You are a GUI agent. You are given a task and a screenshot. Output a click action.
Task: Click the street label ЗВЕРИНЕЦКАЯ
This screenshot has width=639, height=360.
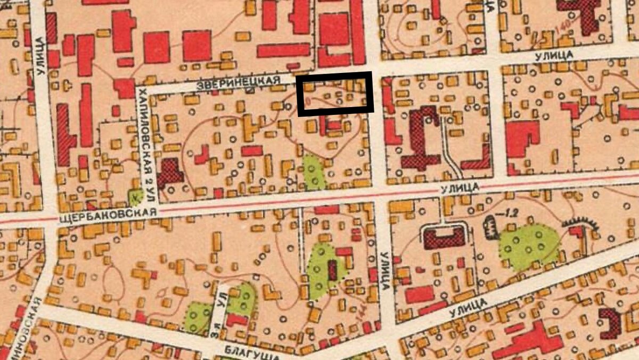tap(238, 81)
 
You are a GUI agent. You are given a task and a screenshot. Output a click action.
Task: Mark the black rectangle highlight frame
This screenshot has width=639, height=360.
tap(334, 94)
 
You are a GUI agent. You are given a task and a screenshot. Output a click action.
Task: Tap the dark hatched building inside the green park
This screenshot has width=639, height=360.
tap(333, 269)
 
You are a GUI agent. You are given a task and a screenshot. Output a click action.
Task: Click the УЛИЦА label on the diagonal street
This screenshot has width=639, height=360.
tap(468, 304)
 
